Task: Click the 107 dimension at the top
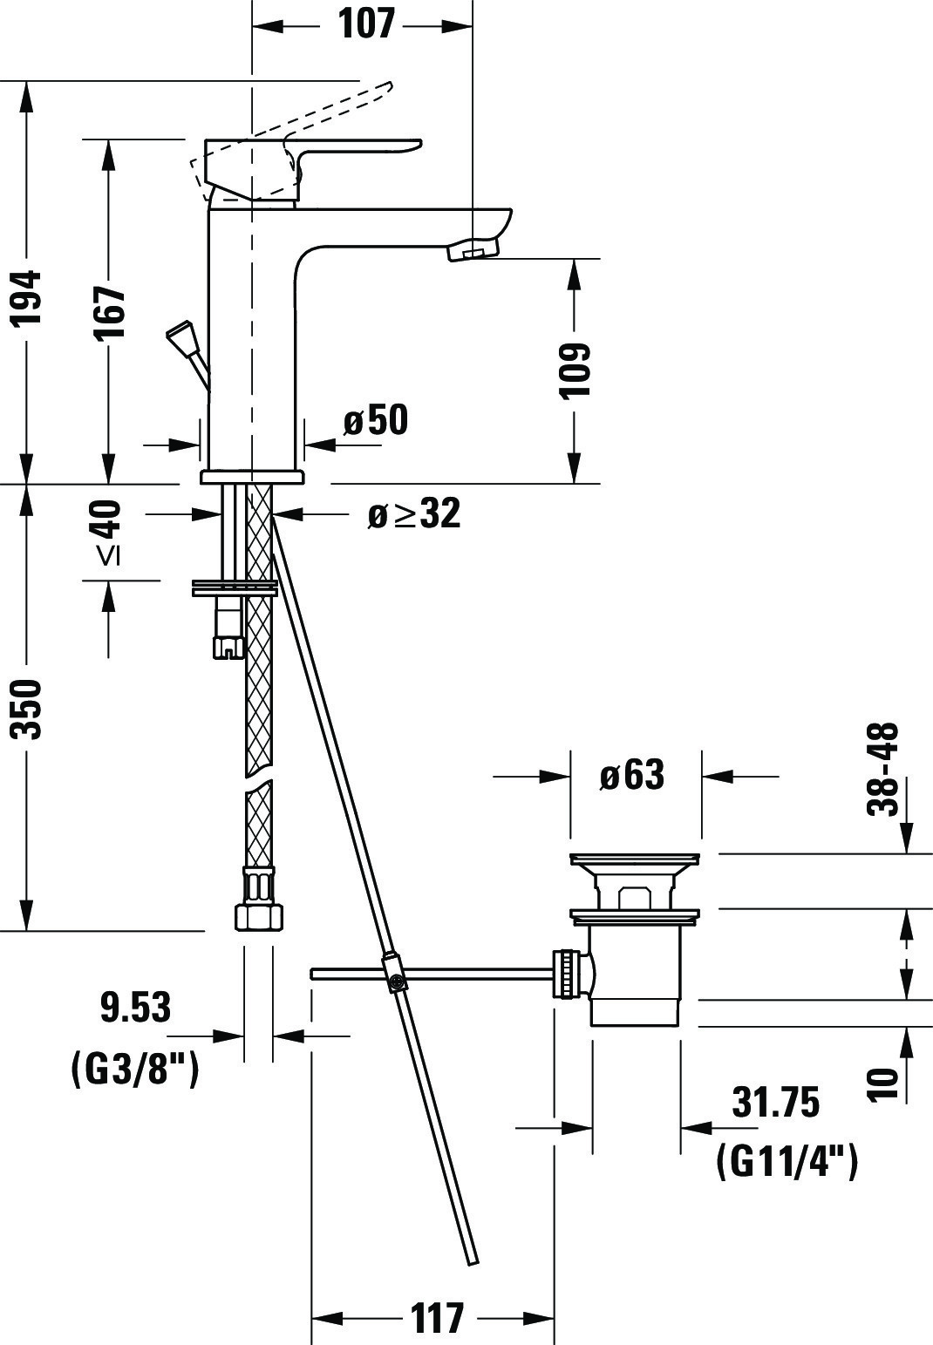366,24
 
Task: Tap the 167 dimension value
111,312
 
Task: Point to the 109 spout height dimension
575,370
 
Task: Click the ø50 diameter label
376,419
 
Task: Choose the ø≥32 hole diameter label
414,513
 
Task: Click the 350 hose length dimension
28,710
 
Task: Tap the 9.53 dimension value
135,1008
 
